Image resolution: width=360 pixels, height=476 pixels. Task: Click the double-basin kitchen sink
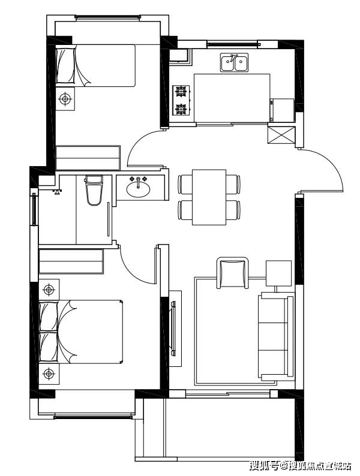[234, 62]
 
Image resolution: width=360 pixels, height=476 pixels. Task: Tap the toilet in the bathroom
[94, 189]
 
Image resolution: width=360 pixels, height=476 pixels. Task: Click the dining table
[209, 197]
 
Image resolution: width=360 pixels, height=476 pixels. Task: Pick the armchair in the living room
[232, 273]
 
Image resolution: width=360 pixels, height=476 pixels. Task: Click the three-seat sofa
[276, 336]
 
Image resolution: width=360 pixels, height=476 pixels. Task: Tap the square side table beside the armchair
[278, 273]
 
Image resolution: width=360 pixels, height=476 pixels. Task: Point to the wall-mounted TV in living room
[173, 329]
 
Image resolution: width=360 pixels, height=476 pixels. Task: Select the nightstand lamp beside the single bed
[65, 99]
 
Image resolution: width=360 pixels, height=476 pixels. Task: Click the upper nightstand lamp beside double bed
[49, 290]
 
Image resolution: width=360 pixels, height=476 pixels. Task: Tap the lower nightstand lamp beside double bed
[49, 374]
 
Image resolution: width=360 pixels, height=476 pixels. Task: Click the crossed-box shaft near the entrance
[281, 135]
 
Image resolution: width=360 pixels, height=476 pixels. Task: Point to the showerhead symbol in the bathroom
[57, 192]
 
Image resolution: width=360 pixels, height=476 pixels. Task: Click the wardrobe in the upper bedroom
[88, 158]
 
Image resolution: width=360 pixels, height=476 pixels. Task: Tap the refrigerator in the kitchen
[282, 110]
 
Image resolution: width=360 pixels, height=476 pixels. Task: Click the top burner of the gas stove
[181, 91]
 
